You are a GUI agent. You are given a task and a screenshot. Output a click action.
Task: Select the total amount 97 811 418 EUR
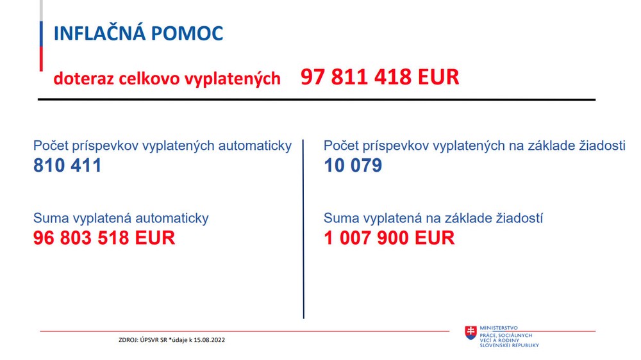click(x=379, y=77)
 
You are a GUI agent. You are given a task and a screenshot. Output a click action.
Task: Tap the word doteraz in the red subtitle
click(x=83, y=78)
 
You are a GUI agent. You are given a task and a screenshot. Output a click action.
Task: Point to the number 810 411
click(x=67, y=165)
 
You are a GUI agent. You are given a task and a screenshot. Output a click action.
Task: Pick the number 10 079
click(x=353, y=165)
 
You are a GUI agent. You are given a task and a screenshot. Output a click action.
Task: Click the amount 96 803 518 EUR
click(x=104, y=238)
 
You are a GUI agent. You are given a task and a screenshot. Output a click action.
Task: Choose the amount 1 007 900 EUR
click(x=389, y=238)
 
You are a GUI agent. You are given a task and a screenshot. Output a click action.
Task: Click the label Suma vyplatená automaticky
click(x=121, y=218)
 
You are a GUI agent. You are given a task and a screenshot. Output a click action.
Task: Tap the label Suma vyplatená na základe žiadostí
click(x=433, y=218)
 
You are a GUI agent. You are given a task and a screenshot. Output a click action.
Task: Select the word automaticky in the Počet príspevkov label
click(x=254, y=146)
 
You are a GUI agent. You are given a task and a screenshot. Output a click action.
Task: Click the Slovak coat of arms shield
click(x=470, y=332)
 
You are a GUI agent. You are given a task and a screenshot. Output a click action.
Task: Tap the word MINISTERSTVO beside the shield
click(x=498, y=328)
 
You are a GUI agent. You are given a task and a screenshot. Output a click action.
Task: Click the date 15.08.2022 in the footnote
click(x=210, y=340)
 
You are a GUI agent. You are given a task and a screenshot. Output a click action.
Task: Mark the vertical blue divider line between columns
click(x=303, y=229)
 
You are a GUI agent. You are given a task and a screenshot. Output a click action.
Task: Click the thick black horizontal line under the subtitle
click(x=317, y=99)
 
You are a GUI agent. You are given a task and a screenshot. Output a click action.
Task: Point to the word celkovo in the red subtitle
click(x=149, y=78)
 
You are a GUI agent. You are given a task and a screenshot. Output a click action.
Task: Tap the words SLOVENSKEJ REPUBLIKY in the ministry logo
click(x=510, y=345)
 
